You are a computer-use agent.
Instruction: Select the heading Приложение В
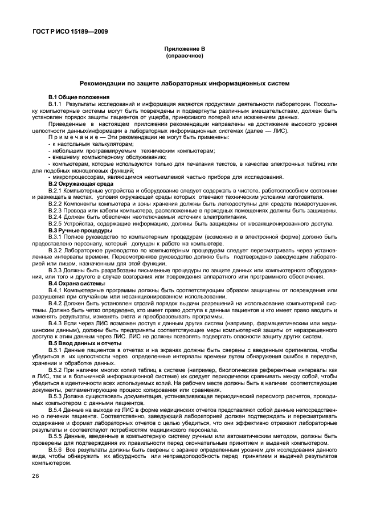coord(184,51)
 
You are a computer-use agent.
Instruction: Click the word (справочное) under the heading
coord(184,58)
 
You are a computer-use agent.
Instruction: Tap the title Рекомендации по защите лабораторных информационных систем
coord(184,83)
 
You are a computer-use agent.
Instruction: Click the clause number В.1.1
coord(56,104)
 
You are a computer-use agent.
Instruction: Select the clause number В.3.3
coord(56,270)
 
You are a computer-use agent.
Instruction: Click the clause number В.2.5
coord(56,223)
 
